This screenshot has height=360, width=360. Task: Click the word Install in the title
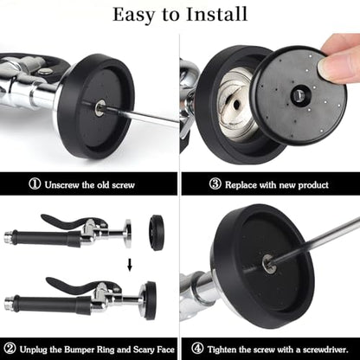point(216,14)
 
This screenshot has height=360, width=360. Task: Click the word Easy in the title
point(133,15)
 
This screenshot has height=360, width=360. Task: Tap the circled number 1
point(35,183)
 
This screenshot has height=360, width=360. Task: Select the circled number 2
point(10,349)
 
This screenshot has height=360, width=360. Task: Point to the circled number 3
point(215,183)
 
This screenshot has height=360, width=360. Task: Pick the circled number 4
point(197,349)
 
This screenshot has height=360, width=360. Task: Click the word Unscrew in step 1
point(62,184)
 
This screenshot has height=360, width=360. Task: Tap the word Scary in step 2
point(144,350)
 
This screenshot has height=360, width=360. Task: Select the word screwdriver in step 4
point(325,350)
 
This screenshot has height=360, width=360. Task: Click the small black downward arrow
point(130,265)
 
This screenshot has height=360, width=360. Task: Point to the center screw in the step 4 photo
point(267,263)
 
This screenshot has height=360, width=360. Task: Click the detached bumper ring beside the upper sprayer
point(157,232)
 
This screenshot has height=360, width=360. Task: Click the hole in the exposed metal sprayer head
point(236,106)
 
